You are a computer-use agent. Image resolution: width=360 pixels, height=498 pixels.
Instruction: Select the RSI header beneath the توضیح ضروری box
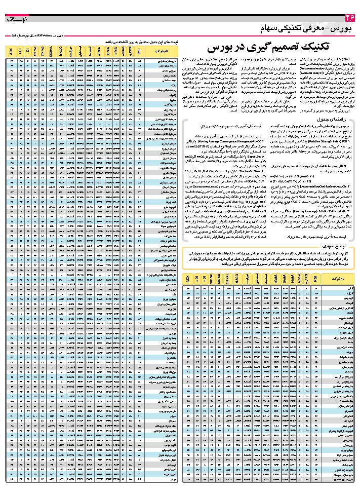(315, 278)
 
